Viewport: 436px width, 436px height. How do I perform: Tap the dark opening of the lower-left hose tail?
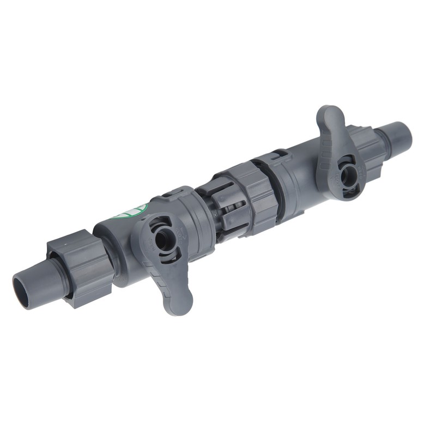(22, 289)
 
